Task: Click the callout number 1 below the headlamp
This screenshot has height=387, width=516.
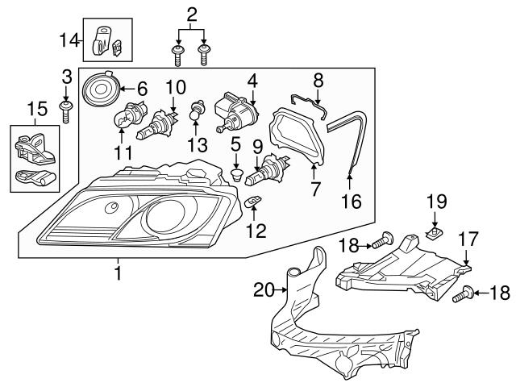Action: (118, 274)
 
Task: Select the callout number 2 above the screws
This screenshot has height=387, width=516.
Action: (191, 14)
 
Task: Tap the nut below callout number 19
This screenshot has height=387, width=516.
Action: (434, 235)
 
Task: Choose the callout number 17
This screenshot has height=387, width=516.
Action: (468, 239)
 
